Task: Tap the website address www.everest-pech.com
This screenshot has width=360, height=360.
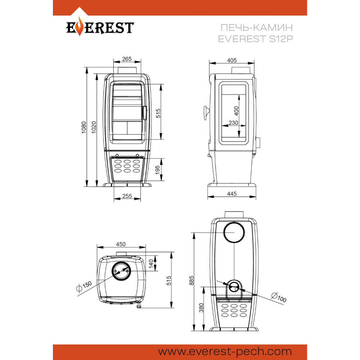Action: point(225,351)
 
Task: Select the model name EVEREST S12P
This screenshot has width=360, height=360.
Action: point(255,39)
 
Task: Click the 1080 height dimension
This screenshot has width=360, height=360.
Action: point(84,127)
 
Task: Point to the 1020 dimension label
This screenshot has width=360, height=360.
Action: point(94,127)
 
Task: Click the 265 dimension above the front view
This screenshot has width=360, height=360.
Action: point(127,59)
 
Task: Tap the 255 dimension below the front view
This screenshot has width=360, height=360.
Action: point(127,196)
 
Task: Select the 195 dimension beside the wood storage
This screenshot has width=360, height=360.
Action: point(158,170)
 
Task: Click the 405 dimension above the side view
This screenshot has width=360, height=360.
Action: point(231,60)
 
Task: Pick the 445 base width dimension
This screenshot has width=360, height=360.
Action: point(231,194)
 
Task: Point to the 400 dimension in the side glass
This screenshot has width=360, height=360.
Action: point(236,111)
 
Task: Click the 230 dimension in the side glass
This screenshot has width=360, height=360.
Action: point(233,123)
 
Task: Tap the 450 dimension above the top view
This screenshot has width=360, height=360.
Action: point(121,244)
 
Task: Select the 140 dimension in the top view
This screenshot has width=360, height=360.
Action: point(151,264)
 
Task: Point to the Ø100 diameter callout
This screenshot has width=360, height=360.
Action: point(279,297)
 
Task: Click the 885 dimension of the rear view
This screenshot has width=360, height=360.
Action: point(192,280)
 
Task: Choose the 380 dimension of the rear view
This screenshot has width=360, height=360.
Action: point(201,308)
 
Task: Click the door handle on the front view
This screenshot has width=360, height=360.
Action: point(145,113)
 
